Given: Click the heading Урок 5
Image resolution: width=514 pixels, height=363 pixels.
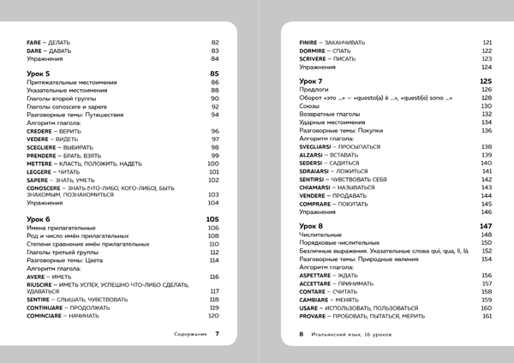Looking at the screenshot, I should (x=39, y=74).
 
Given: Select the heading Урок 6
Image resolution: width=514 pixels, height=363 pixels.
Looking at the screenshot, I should (x=39, y=219).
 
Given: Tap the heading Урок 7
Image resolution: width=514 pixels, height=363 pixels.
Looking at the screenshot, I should (x=310, y=80).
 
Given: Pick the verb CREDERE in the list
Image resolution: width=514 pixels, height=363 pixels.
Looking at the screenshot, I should (x=43, y=131).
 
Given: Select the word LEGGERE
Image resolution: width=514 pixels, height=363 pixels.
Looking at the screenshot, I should (x=42, y=171).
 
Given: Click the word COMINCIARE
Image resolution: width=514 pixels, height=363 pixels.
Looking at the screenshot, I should (x=48, y=315).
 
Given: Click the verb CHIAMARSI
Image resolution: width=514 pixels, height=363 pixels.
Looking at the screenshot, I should (x=316, y=186).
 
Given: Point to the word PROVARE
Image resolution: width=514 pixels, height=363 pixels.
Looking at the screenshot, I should (x=312, y=316).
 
